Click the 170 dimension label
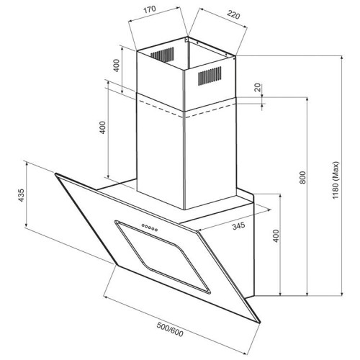[150, 9]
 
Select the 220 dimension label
[233, 15]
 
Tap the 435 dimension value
[22, 195]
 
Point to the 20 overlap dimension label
[257, 87]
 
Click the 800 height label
[303, 178]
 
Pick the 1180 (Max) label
[336, 180]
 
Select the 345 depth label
[238, 226]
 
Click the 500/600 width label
[170, 329]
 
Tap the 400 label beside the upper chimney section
[116, 66]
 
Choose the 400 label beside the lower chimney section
[102, 127]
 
